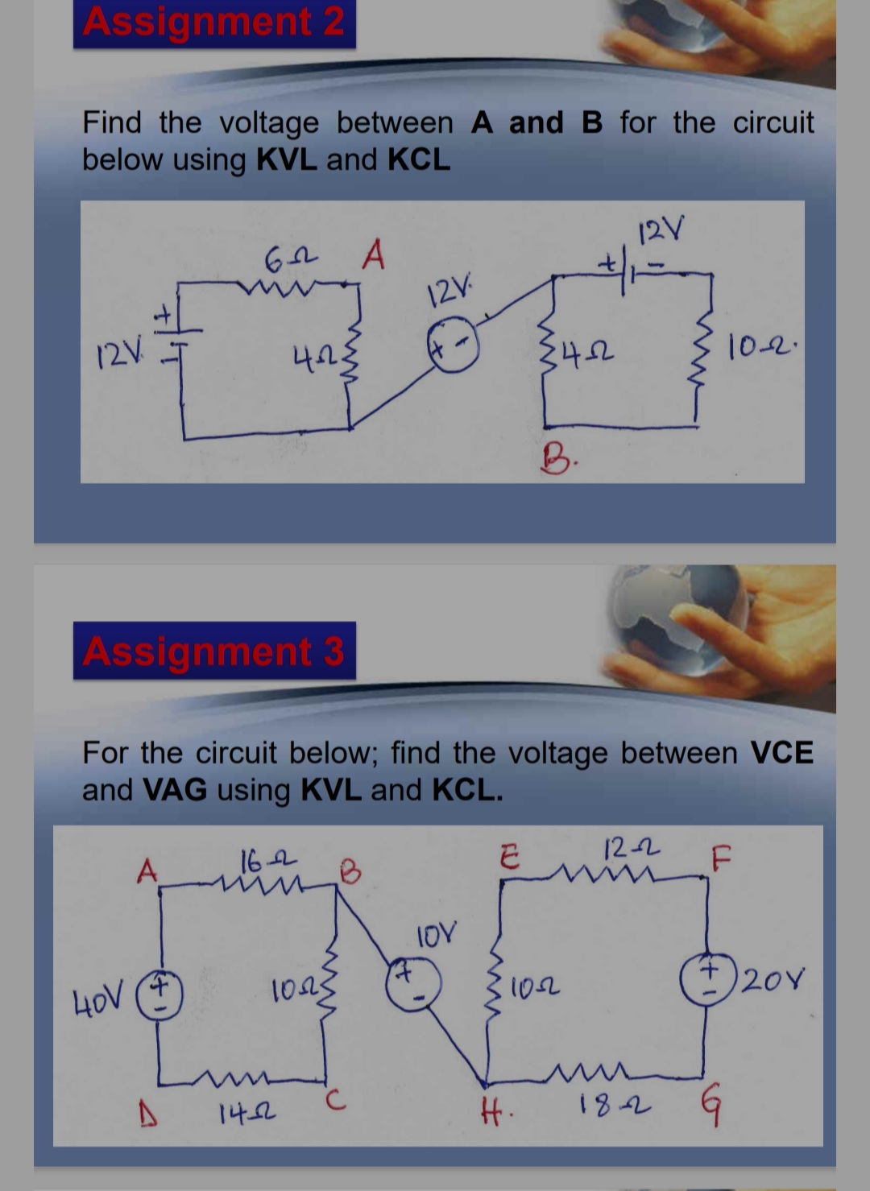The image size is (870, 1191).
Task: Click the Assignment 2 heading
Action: point(213,22)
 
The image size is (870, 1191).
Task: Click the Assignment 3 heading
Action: point(213,651)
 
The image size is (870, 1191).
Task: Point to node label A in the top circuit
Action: point(373,257)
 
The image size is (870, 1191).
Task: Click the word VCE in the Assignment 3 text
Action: point(781,753)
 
